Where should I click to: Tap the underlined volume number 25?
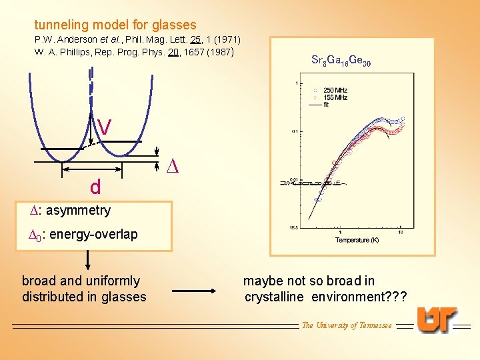pyautogui.click(x=196, y=40)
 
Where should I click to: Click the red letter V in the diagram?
pyautogui.click(x=104, y=125)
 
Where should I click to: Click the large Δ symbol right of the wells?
pyautogui.click(x=171, y=165)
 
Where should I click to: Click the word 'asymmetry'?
pyautogui.click(x=78, y=211)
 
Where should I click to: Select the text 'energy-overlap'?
pyautogui.click(x=93, y=234)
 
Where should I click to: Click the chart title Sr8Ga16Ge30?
pyautogui.click(x=341, y=61)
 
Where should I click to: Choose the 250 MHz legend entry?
pyautogui.click(x=334, y=91)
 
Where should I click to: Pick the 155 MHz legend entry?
pyautogui.click(x=334, y=97)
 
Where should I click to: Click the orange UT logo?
pyautogui.click(x=437, y=320)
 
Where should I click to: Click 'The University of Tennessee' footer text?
pyautogui.click(x=347, y=325)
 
